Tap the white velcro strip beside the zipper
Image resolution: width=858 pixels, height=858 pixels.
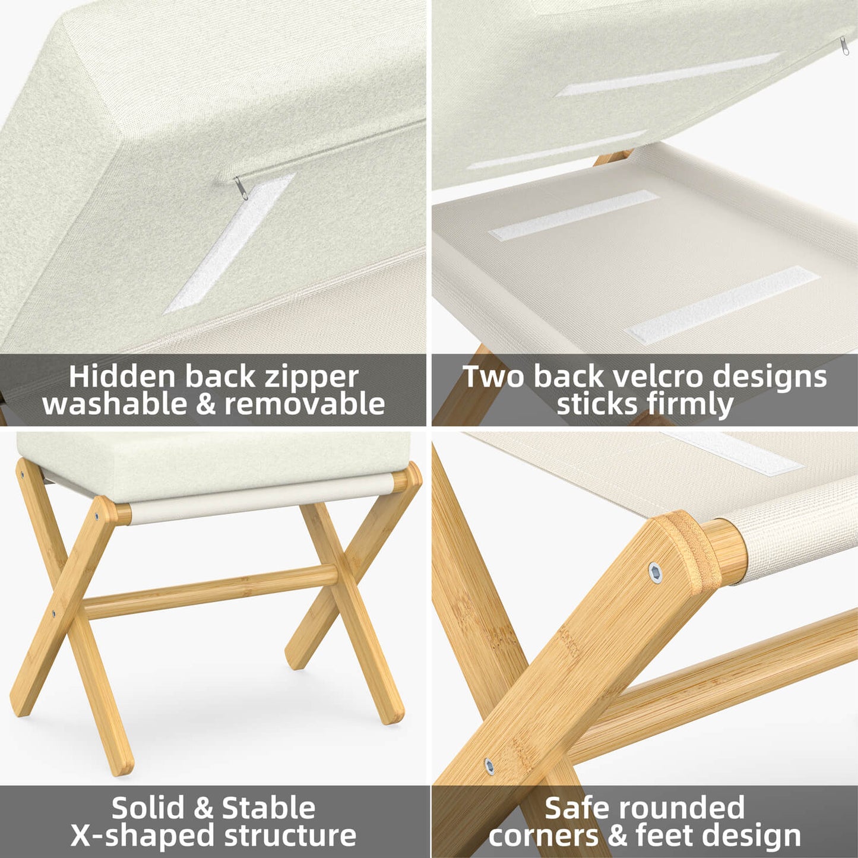tap(230, 243)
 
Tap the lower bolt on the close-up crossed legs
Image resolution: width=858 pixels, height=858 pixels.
tap(489, 766)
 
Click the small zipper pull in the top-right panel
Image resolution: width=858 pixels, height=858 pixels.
tap(844, 45)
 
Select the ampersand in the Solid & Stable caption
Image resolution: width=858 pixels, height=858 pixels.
tap(203, 808)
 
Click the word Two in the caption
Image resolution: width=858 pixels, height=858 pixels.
tap(492, 376)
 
